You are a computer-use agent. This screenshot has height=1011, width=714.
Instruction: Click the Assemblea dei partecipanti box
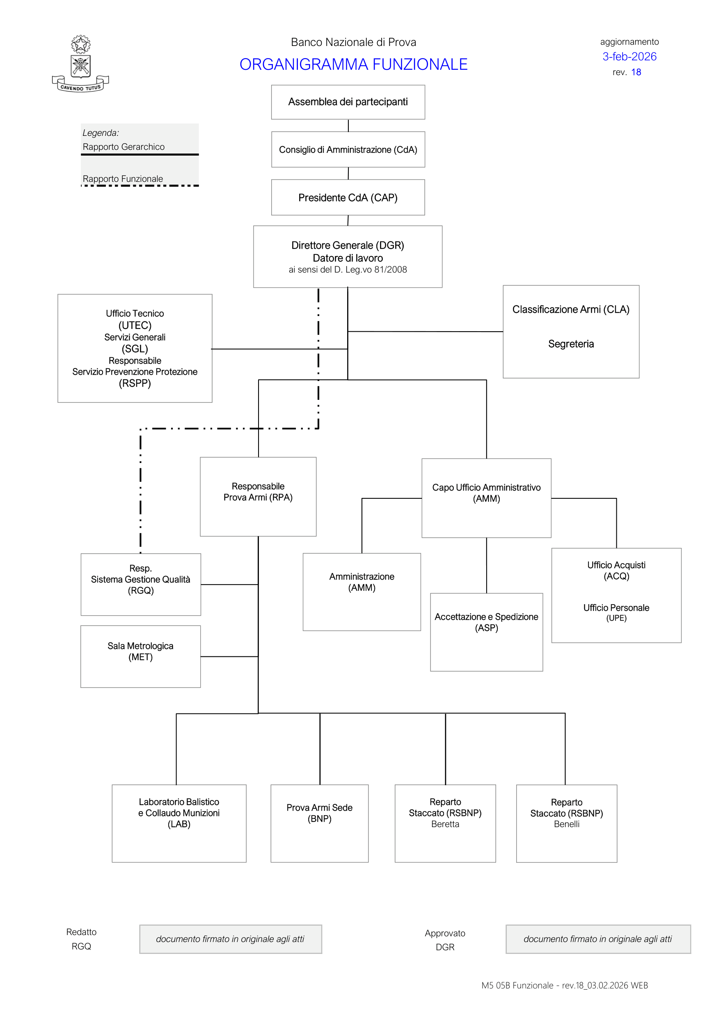click(x=348, y=102)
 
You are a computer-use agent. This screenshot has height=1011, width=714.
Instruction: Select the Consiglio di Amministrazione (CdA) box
click(x=348, y=150)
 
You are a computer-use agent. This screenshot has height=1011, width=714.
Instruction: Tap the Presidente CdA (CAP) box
click(x=348, y=198)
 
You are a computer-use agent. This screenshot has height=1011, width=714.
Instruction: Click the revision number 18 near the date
click(x=636, y=72)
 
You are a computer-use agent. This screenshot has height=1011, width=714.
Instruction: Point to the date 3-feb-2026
click(x=629, y=57)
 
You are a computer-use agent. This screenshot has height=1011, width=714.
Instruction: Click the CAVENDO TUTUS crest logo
click(x=80, y=64)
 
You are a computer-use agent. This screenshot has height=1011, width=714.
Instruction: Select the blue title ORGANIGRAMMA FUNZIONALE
click(x=353, y=64)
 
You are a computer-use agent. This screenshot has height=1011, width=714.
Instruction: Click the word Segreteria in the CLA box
click(x=570, y=344)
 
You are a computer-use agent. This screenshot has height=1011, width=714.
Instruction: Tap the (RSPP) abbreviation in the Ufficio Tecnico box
click(x=135, y=383)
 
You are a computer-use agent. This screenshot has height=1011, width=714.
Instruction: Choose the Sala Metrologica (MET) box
click(x=140, y=656)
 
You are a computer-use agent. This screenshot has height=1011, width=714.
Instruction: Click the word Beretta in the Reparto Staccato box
click(x=445, y=824)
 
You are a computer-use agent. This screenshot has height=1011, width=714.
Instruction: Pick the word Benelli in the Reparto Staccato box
click(x=567, y=824)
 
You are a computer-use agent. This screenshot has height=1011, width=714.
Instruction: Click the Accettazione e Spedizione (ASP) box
click(x=486, y=632)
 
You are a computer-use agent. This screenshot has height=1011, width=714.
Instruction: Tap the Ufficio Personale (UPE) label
click(x=616, y=612)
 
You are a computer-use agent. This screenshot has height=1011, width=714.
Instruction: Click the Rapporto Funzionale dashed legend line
click(x=140, y=186)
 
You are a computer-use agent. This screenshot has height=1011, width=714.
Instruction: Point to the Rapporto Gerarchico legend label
click(x=124, y=147)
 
